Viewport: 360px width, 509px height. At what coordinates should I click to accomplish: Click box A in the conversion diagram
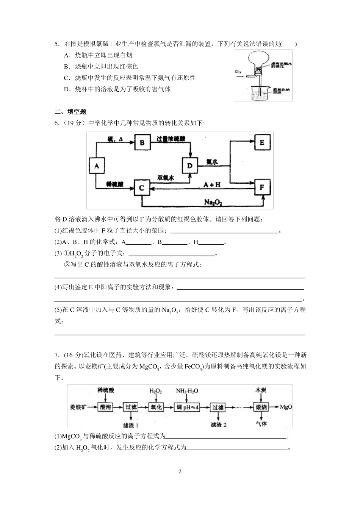pyautogui.click(x=97, y=166)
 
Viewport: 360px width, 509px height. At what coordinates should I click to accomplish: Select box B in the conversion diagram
pyautogui.click(x=142, y=142)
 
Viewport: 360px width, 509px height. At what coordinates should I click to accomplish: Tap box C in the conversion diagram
pyautogui.click(x=142, y=187)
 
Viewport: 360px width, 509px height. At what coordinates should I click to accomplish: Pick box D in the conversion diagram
pyautogui.click(x=190, y=165)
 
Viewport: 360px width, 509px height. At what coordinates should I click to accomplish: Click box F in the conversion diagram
pyautogui.click(x=262, y=187)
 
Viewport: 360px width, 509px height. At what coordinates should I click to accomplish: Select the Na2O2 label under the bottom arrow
pyautogui.click(x=213, y=203)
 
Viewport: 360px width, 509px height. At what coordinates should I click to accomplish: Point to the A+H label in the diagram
pyautogui.click(x=212, y=184)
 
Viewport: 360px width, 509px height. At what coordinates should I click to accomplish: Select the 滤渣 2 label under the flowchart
pyautogui.click(x=219, y=425)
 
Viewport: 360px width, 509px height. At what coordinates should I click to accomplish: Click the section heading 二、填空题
pyautogui.click(x=70, y=112)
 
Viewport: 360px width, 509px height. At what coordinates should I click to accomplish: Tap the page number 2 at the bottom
pyautogui.click(x=180, y=472)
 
